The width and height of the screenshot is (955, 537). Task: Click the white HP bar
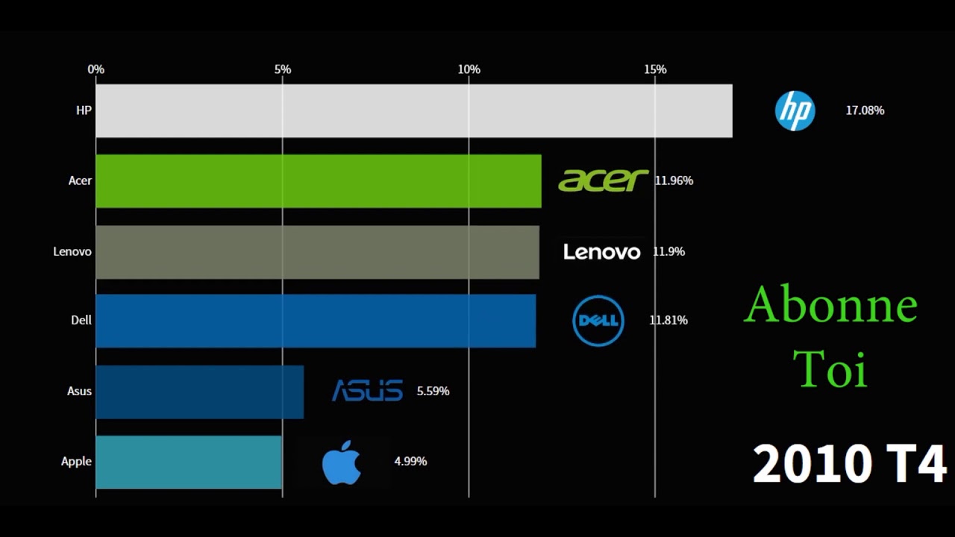point(414,110)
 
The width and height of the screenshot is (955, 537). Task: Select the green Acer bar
point(319,180)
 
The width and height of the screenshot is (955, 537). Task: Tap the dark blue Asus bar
point(199,392)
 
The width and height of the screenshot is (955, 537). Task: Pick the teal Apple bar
point(189,462)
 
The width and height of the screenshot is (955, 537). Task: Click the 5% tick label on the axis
point(283,69)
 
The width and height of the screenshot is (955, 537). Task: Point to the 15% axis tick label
point(655,69)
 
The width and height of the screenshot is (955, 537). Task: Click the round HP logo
point(795,111)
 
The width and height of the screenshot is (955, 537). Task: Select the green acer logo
point(603,180)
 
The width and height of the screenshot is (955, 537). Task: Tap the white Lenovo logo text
point(601,252)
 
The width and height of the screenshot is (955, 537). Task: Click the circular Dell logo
point(598,321)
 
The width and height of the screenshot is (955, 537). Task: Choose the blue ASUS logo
point(367,391)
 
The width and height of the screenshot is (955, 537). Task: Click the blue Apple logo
point(342,462)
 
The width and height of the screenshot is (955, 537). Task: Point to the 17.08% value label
point(865,110)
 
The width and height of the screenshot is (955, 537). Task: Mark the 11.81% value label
point(668,321)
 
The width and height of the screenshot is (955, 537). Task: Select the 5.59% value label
point(433,391)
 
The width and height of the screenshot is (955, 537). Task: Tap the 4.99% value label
point(410,462)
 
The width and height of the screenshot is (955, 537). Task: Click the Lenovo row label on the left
point(72,251)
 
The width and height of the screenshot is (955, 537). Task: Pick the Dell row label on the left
point(81,320)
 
